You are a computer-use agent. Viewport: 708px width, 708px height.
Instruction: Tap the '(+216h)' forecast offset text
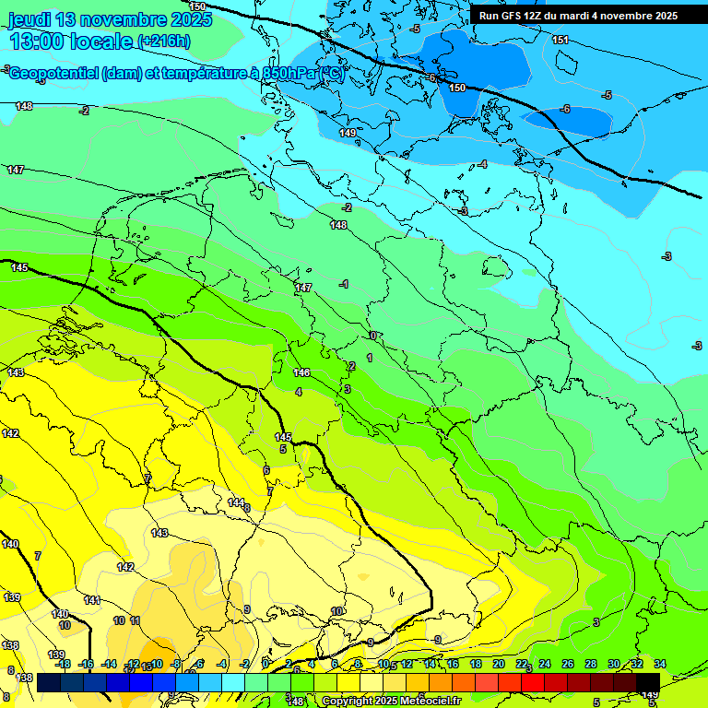(x=164, y=41)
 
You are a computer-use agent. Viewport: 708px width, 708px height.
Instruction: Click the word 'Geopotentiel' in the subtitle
(x=53, y=75)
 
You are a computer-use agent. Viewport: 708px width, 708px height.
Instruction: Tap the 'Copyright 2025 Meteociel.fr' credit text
(x=390, y=701)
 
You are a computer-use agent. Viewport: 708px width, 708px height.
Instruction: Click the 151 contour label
(x=560, y=40)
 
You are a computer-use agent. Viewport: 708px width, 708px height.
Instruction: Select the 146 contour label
(x=301, y=372)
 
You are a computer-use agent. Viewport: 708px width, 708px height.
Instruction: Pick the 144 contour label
(x=236, y=502)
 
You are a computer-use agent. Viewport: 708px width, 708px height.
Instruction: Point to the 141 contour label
(x=92, y=600)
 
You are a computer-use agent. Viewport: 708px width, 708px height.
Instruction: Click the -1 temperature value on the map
(x=344, y=284)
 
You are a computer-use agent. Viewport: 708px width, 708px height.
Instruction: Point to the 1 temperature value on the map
(x=370, y=358)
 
